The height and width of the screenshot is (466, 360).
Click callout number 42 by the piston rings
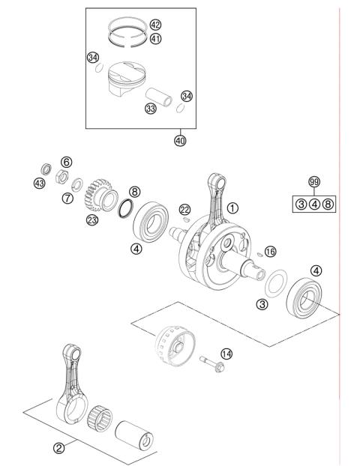[x=155, y=24]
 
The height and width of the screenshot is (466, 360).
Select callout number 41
[x=155, y=38]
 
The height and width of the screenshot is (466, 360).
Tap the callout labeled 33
[x=151, y=109]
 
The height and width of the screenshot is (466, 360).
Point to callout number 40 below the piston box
[x=180, y=141]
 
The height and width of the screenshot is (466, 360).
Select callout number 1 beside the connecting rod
[x=233, y=207]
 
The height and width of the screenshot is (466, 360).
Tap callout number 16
[x=270, y=251]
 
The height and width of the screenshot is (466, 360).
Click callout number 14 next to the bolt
[x=226, y=354]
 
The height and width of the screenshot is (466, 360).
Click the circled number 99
[x=314, y=182]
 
